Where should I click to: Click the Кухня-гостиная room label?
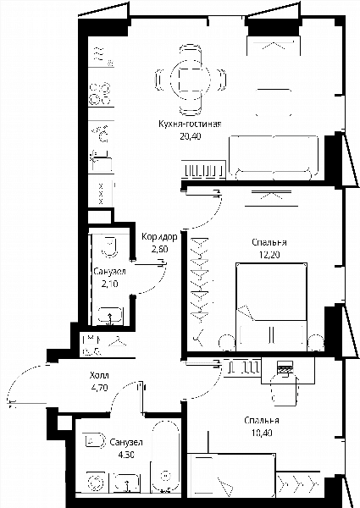click(190, 124)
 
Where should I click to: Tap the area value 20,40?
click(191, 136)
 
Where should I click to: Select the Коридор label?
click(159, 237)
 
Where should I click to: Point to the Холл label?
click(99, 375)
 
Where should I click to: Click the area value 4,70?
click(99, 387)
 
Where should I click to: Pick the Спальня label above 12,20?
click(269, 242)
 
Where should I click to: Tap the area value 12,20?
click(269, 255)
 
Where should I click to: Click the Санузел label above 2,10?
click(109, 272)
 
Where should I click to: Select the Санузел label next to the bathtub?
click(126, 442)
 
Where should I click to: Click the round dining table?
click(191, 80)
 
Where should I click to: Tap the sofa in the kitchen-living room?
click(274, 157)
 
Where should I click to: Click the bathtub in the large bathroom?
click(165, 456)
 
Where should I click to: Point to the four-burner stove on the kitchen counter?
click(100, 94)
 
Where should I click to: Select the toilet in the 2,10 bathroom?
click(109, 247)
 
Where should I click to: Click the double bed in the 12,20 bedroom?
click(272, 307)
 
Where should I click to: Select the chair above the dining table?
click(191, 52)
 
